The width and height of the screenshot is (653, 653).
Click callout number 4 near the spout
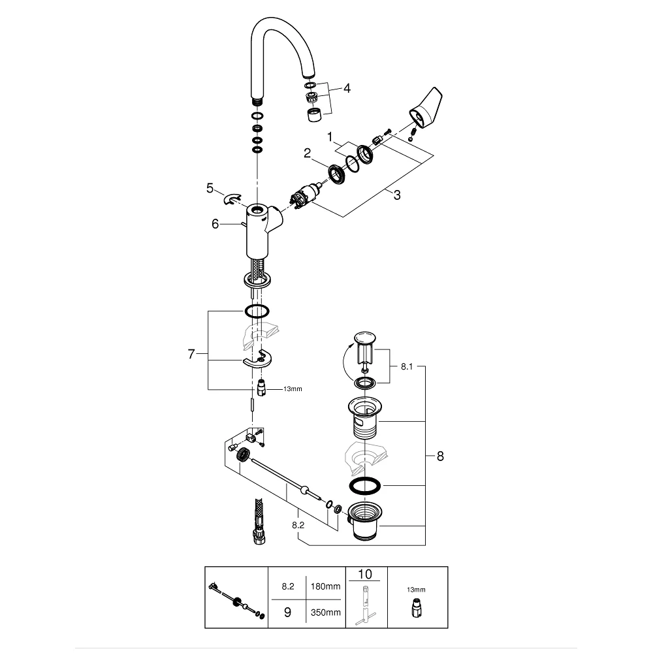point(347,88)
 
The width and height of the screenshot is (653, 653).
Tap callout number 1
point(330,136)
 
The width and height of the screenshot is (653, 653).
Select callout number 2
point(307,153)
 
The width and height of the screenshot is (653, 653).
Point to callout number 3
point(397,195)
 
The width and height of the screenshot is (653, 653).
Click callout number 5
point(210,188)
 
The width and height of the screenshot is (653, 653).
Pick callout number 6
point(215,224)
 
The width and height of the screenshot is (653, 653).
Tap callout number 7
point(191,354)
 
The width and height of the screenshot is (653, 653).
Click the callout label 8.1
point(406,367)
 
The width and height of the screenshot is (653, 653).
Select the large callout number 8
point(440,456)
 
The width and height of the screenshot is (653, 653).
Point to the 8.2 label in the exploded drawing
point(298,526)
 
